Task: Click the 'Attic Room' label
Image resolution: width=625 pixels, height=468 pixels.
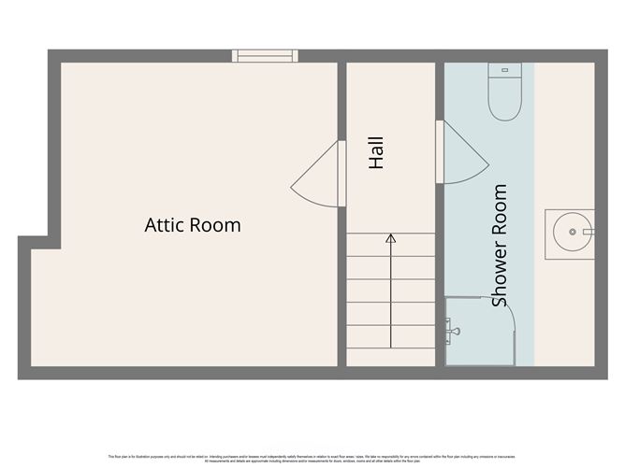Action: tap(192, 225)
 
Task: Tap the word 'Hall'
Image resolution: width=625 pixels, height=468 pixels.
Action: tap(376, 153)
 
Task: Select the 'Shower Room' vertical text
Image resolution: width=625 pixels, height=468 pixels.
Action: tap(500, 245)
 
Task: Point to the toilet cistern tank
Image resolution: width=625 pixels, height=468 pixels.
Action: tap(504, 69)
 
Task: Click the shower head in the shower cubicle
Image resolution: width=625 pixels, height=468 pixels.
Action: tap(453, 329)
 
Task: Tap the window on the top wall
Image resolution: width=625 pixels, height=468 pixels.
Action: tap(266, 56)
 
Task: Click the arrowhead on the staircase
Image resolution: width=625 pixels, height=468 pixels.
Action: tap(390, 239)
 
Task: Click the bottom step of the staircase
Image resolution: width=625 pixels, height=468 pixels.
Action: tap(390, 358)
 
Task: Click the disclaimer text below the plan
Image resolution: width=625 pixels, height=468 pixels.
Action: tap(312, 458)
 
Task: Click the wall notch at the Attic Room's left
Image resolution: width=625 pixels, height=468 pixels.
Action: tap(25, 242)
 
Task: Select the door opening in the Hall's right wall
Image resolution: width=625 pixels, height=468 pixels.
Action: tap(440, 149)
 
